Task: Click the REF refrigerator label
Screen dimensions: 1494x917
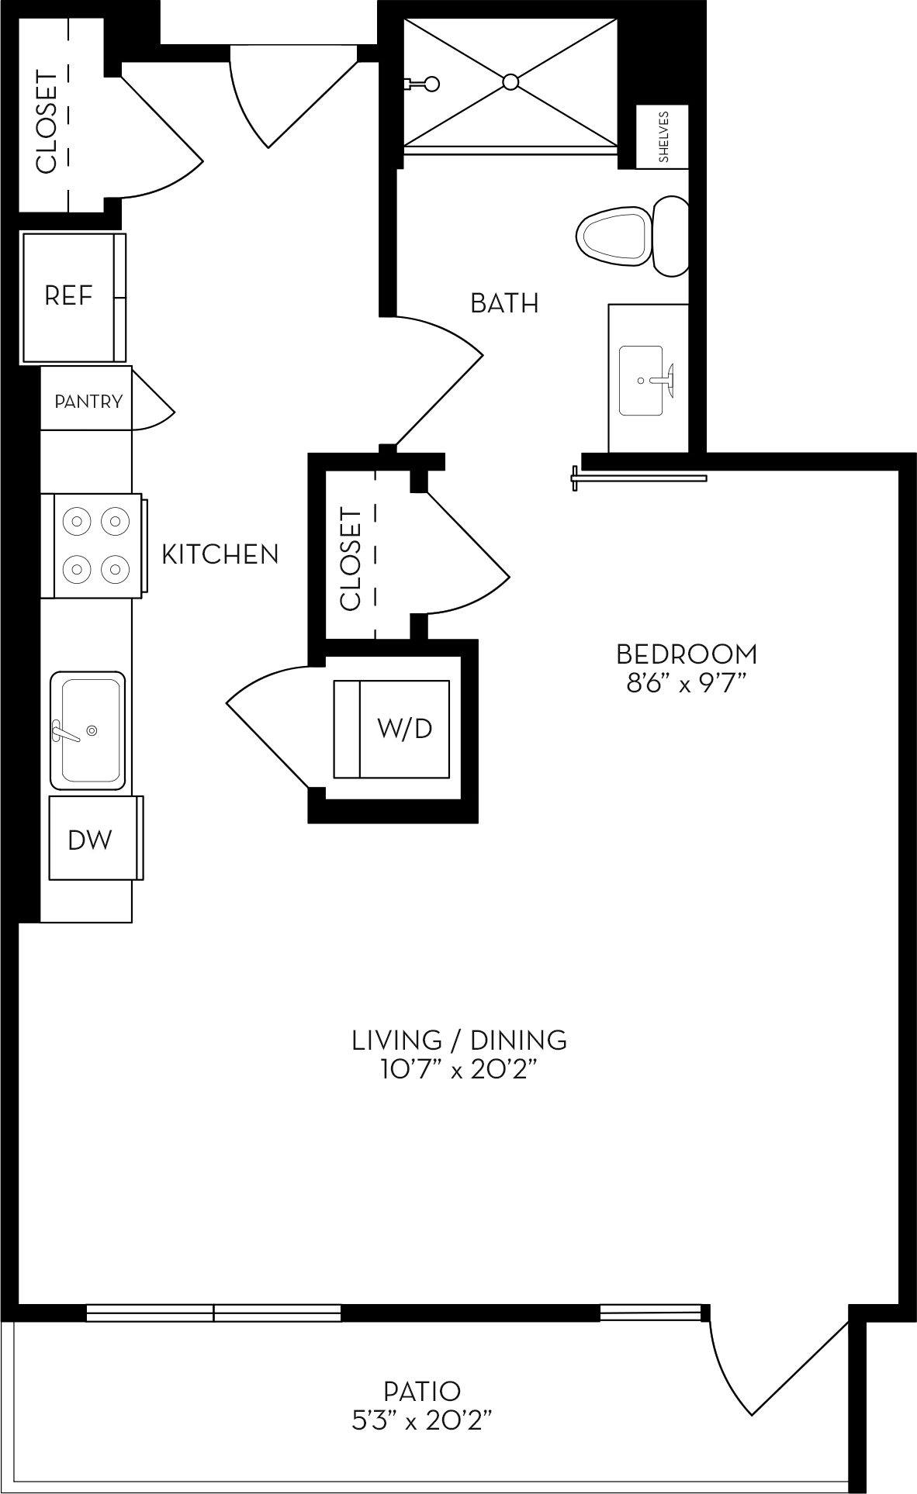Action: [68, 296]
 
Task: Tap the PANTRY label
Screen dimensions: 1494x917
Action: [88, 402]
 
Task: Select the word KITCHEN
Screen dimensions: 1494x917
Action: [220, 554]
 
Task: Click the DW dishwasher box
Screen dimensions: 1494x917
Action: [91, 840]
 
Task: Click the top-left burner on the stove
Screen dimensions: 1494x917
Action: [77, 519]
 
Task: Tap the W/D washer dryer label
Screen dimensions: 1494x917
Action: [404, 728]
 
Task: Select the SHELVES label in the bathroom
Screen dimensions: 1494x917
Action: [663, 136]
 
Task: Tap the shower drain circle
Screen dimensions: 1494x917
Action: [510, 82]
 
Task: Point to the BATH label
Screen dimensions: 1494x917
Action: [504, 303]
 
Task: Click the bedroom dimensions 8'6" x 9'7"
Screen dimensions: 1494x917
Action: [687, 685]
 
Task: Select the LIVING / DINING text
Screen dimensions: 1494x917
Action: [459, 1040]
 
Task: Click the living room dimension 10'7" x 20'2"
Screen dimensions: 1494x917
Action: [459, 1071]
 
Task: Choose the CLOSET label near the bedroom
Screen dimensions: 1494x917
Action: [351, 558]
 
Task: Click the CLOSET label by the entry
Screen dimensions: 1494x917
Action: [47, 122]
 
